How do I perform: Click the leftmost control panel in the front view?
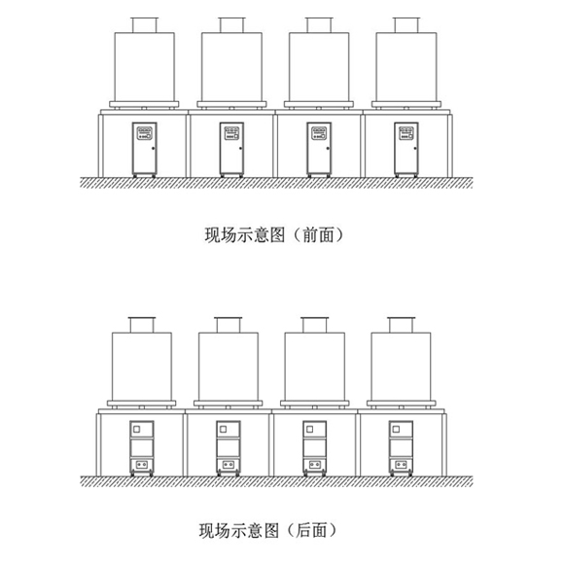click(x=145, y=133)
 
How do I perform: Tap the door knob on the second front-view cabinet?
click(x=240, y=148)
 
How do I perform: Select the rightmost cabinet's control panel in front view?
click(x=406, y=133)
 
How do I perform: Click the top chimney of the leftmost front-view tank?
click(x=145, y=25)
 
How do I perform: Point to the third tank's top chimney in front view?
click(x=319, y=25)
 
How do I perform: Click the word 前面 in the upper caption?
click(x=318, y=235)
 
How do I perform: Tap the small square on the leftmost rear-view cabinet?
click(x=136, y=429)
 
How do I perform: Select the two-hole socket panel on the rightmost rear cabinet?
click(x=401, y=465)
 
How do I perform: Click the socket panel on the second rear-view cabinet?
click(x=229, y=465)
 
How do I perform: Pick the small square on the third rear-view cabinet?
click(x=309, y=429)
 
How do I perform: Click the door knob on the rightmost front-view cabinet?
click(x=415, y=148)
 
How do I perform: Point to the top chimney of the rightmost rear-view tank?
click(x=401, y=325)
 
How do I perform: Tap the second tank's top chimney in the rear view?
click(x=229, y=325)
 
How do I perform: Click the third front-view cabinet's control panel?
click(x=319, y=133)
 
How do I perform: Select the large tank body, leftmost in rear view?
click(x=142, y=367)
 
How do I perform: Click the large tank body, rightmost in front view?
click(x=406, y=67)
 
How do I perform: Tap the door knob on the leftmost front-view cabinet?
click(x=154, y=148)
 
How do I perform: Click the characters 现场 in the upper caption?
click(x=221, y=235)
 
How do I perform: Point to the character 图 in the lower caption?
click(x=272, y=531)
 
